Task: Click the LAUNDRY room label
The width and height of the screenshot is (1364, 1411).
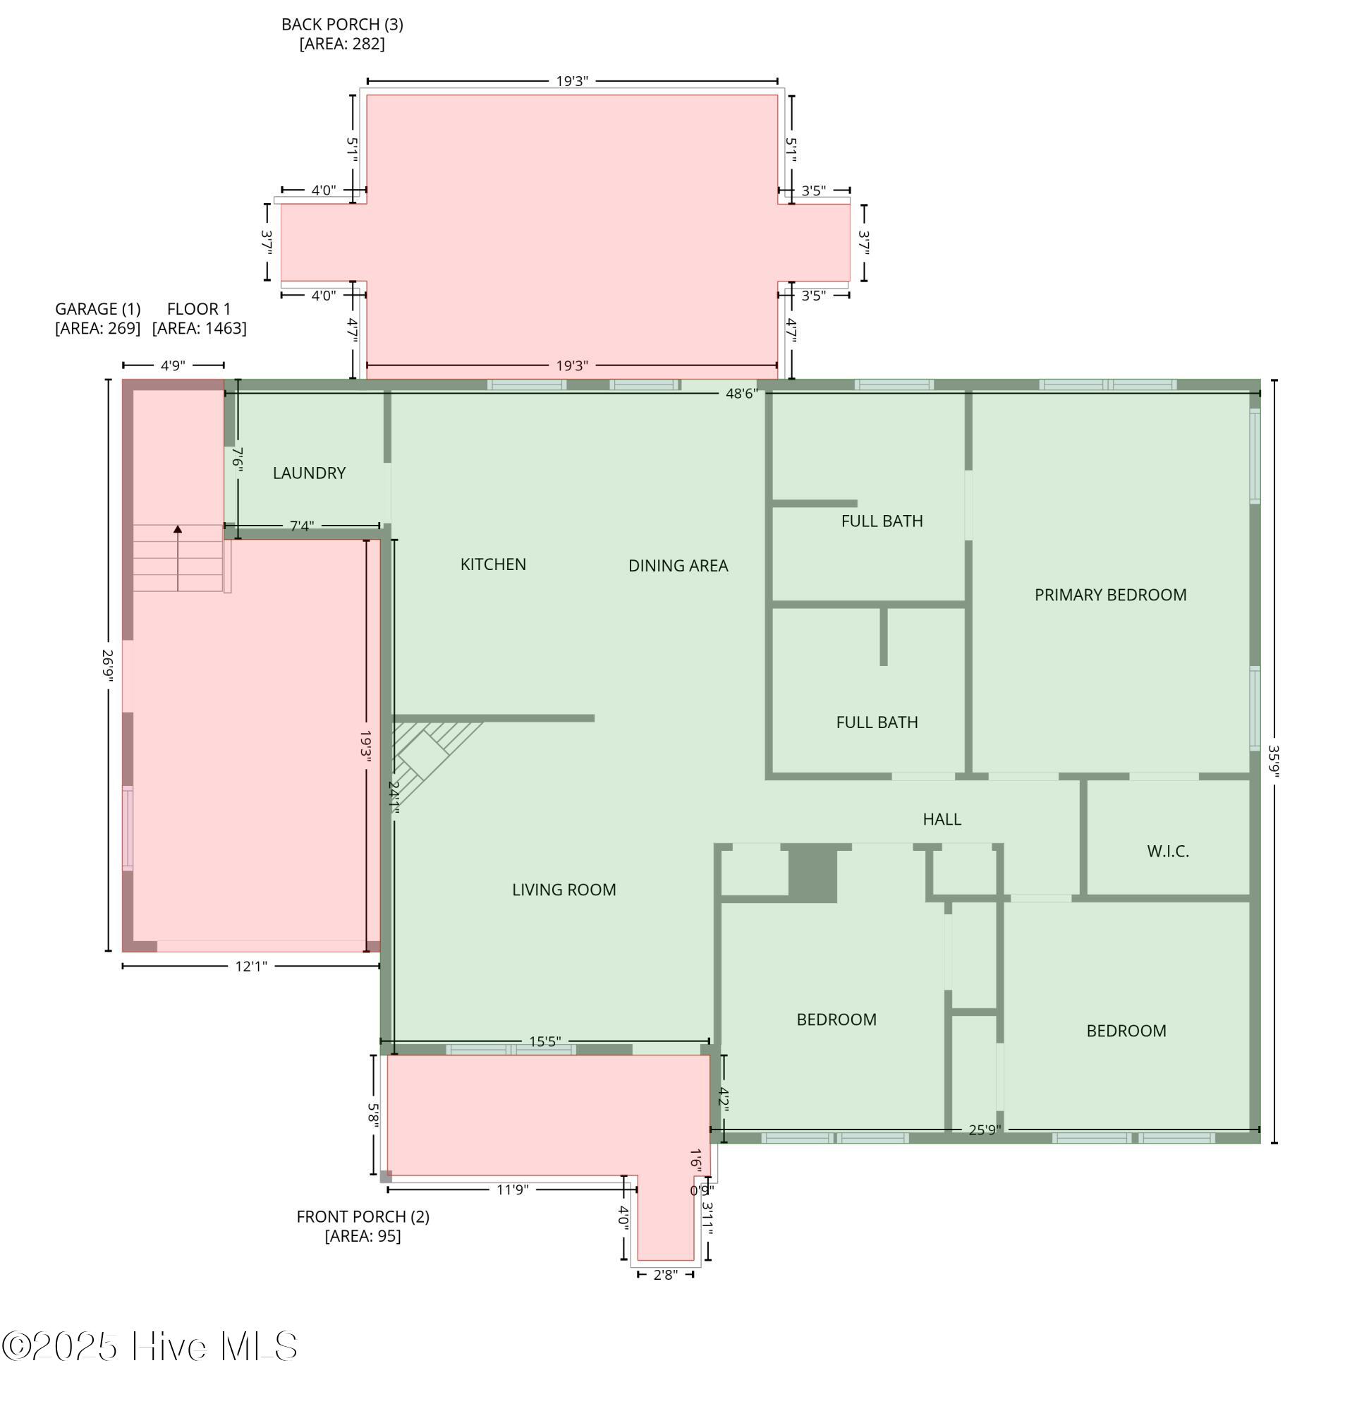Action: click(309, 473)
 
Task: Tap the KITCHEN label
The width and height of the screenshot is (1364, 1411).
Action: click(493, 564)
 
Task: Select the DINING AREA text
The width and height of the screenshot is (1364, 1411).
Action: click(678, 566)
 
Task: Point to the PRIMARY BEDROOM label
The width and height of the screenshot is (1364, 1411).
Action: click(1110, 595)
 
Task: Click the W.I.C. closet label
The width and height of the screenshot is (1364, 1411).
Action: click(1167, 851)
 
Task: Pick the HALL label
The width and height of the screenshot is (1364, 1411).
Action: click(942, 818)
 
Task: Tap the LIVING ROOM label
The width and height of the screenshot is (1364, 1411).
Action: click(564, 890)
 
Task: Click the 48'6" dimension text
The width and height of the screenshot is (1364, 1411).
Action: click(741, 394)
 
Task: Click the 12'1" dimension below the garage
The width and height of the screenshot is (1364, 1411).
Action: click(250, 966)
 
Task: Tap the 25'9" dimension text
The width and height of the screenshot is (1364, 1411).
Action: click(984, 1130)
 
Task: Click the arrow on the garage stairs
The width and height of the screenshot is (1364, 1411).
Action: click(178, 559)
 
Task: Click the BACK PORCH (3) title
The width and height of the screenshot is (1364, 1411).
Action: click(342, 25)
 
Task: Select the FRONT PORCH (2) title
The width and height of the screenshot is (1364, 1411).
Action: click(363, 1216)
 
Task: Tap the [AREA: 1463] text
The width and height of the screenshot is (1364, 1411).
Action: click(199, 328)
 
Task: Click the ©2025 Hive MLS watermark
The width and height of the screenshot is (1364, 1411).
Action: click(149, 1346)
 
